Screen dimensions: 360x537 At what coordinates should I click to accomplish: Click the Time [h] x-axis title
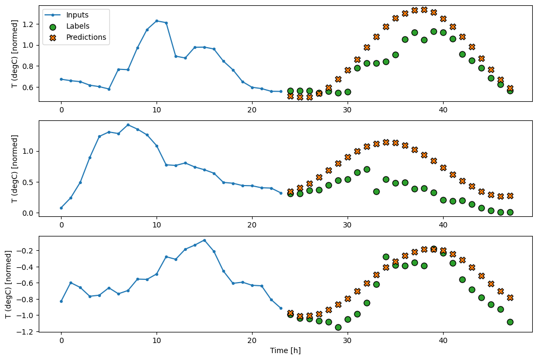tap(286, 350)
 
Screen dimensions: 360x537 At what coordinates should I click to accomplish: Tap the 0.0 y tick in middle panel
tap(30, 213)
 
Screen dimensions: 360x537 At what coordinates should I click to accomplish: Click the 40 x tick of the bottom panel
tap(443, 341)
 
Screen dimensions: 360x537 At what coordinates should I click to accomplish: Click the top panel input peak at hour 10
tap(157, 21)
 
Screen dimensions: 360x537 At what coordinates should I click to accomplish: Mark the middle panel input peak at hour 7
tap(128, 125)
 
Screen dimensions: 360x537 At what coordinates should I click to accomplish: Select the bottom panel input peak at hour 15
tap(204, 240)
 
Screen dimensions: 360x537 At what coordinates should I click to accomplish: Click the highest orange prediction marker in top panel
tap(424, 10)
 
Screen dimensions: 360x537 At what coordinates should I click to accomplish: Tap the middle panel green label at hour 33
tap(376, 191)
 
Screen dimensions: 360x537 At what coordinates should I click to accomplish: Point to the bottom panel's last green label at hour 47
tap(510, 322)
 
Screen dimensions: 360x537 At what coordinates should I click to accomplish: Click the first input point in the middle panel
tap(61, 208)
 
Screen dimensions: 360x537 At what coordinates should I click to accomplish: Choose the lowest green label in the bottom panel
tap(338, 327)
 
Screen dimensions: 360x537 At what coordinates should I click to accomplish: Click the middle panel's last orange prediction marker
tap(510, 196)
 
